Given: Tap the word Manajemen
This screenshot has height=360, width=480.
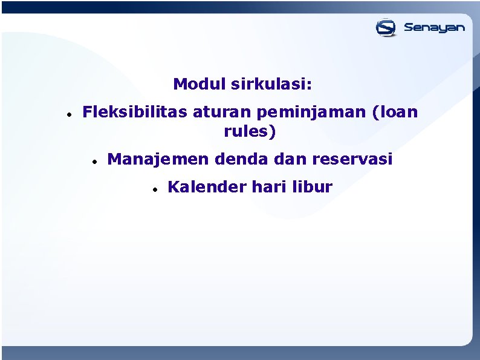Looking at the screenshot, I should pos(158,159).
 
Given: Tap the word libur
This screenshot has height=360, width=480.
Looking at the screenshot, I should pos(312,187).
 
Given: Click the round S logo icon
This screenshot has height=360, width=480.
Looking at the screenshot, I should pos(386,28).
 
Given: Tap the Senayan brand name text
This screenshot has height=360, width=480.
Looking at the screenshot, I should pos(434,28).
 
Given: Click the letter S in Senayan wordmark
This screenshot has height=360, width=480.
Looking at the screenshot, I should pos(409,27).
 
